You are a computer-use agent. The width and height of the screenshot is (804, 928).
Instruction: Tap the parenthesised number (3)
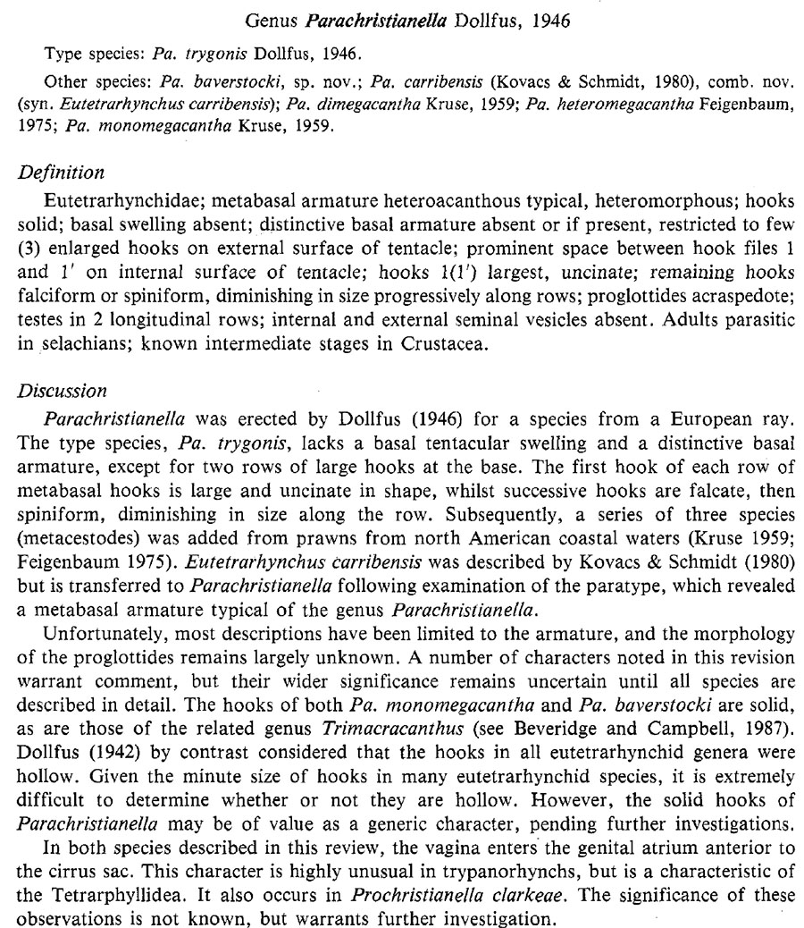(x=28, y=239)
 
